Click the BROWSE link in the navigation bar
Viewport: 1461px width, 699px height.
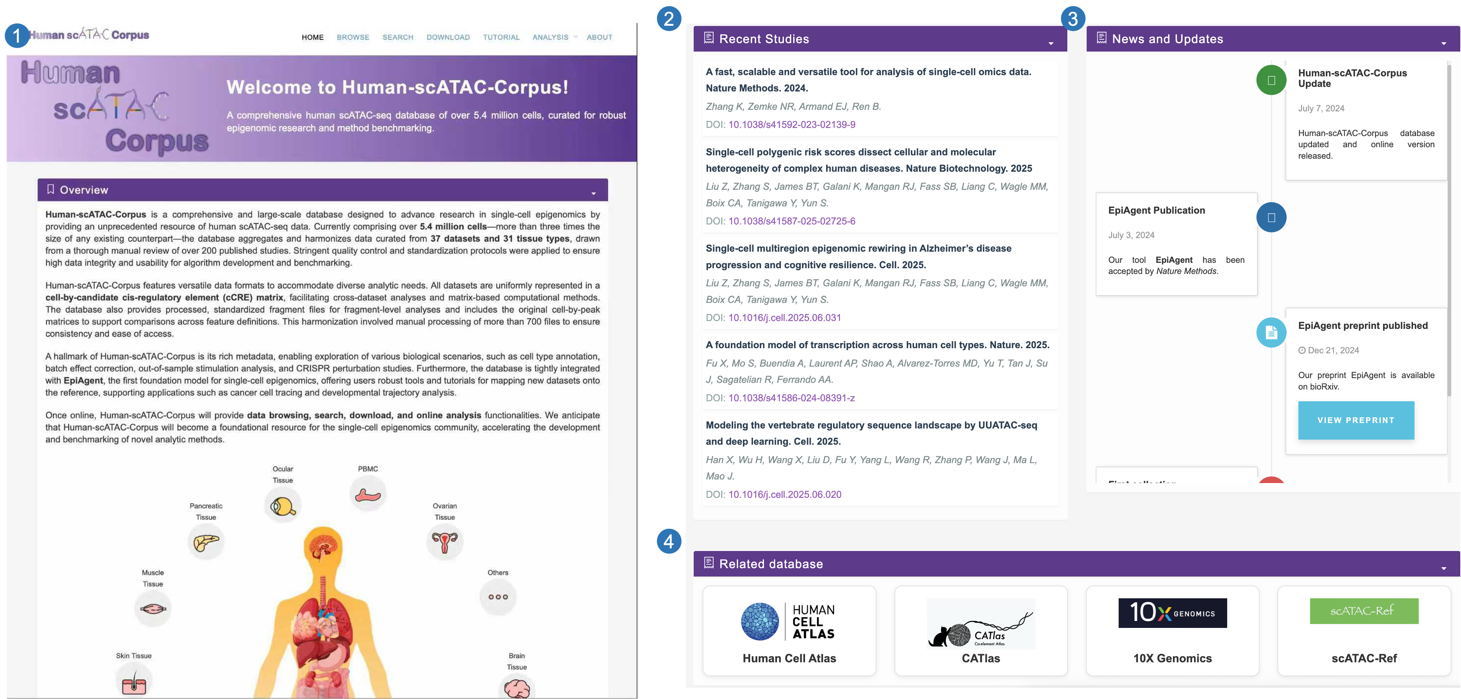tap(353, 37)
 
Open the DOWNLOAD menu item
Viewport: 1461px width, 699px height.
tap(448, 37)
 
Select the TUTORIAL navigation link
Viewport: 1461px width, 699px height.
tap(501, 37)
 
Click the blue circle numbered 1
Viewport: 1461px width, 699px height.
tap(17, 36)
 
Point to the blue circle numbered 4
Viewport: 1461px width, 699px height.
tap(669, 541)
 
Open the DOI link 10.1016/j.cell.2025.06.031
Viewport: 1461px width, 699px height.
tap(784, 318)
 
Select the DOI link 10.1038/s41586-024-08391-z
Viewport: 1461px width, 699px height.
tap(791, 398)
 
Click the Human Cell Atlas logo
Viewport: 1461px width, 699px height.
tap(788, 622)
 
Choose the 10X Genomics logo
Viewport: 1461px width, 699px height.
tap(1172, 613)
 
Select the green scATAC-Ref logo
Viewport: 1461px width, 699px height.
tap(1363, 611)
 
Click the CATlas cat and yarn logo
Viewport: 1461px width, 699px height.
tap(981, 624)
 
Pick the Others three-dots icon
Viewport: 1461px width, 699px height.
tap(498, 597)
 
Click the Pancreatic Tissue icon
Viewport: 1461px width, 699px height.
tap(206, 542)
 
